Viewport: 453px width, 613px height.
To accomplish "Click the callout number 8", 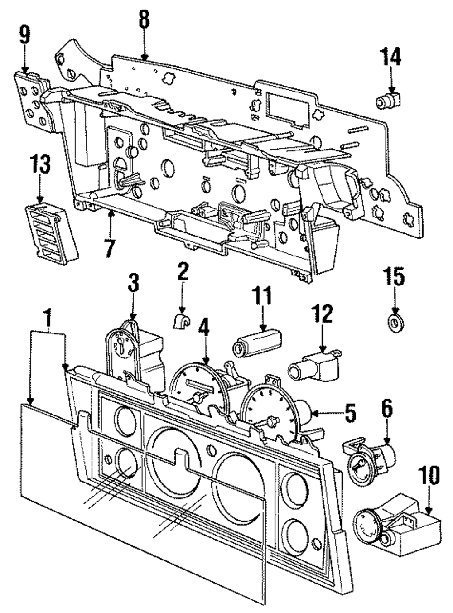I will click(144, 21).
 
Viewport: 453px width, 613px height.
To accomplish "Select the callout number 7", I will click(109, 246).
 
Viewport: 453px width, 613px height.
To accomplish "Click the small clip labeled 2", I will click(181, 321).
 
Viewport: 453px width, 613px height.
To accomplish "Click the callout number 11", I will click(263, 294).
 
